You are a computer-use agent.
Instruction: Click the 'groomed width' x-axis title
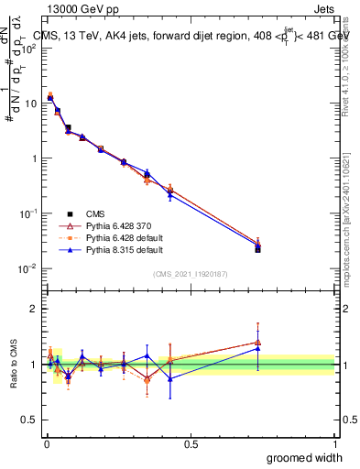coord(304,457)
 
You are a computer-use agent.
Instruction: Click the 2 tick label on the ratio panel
coord(33,309)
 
